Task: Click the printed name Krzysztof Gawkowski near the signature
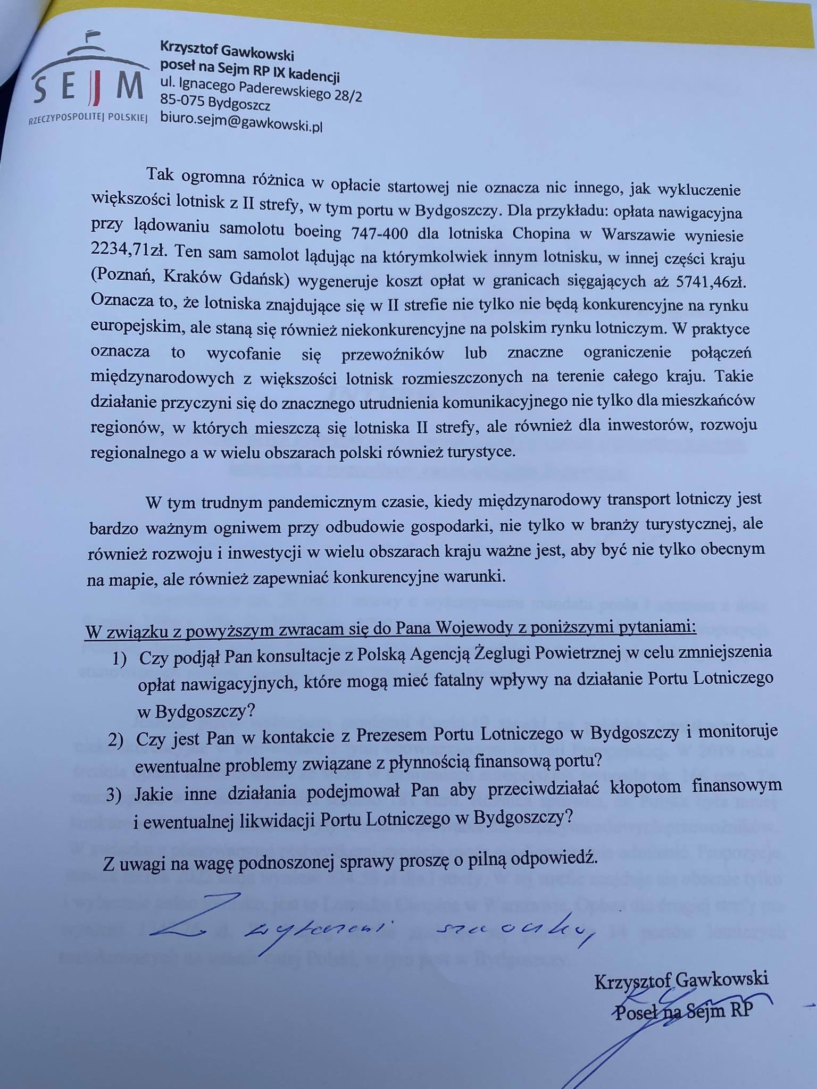[x=681, y=979]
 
